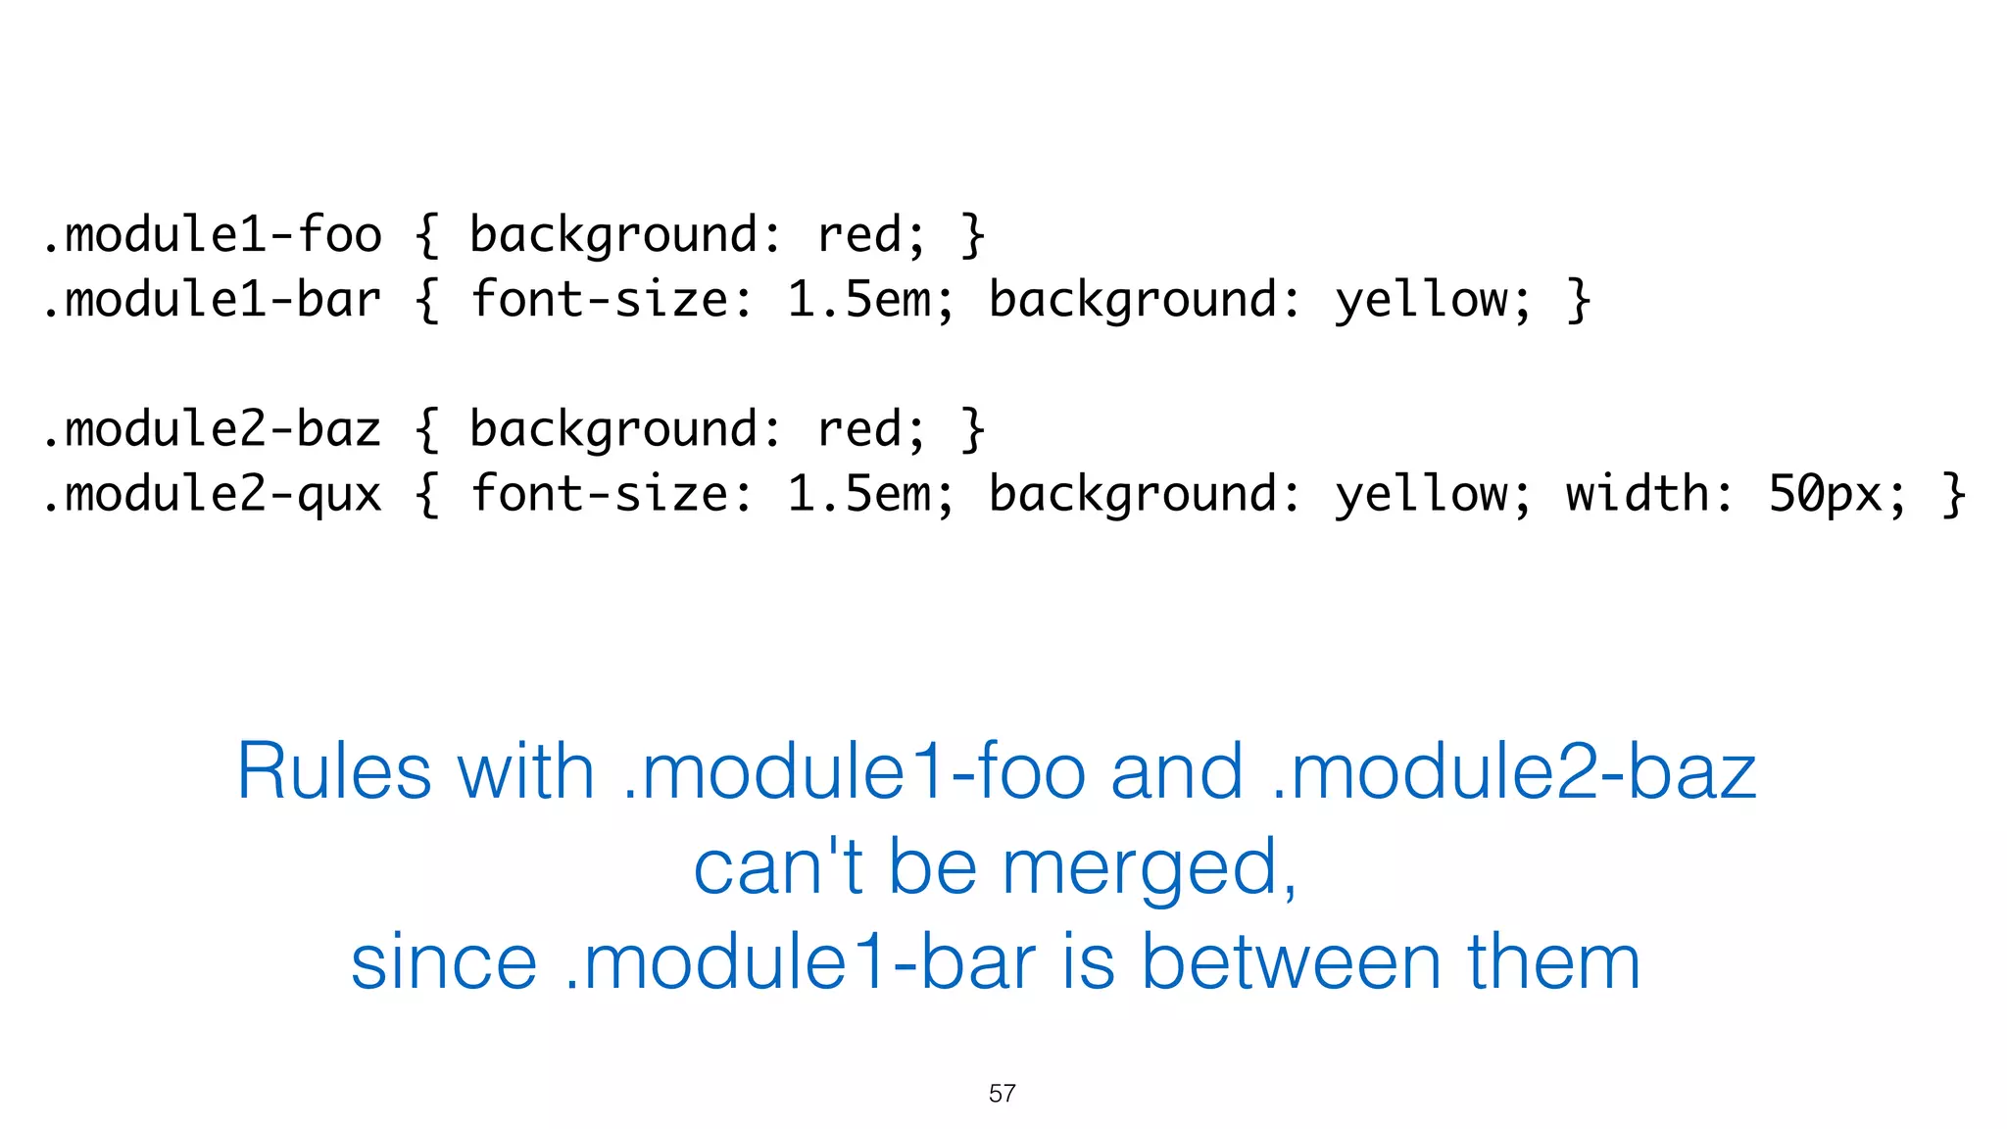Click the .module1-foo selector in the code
pos(212,235)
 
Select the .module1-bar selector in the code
pos(212,300)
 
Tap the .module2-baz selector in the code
pos(212,429)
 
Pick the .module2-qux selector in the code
pos(212,494)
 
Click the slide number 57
pos(1002,1094)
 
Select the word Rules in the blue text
pos(333,772)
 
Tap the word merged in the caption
pos(1149,868)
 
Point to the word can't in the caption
pos(778,868)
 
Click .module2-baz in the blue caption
pos(1513,772)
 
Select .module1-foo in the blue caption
pos(854,772)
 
